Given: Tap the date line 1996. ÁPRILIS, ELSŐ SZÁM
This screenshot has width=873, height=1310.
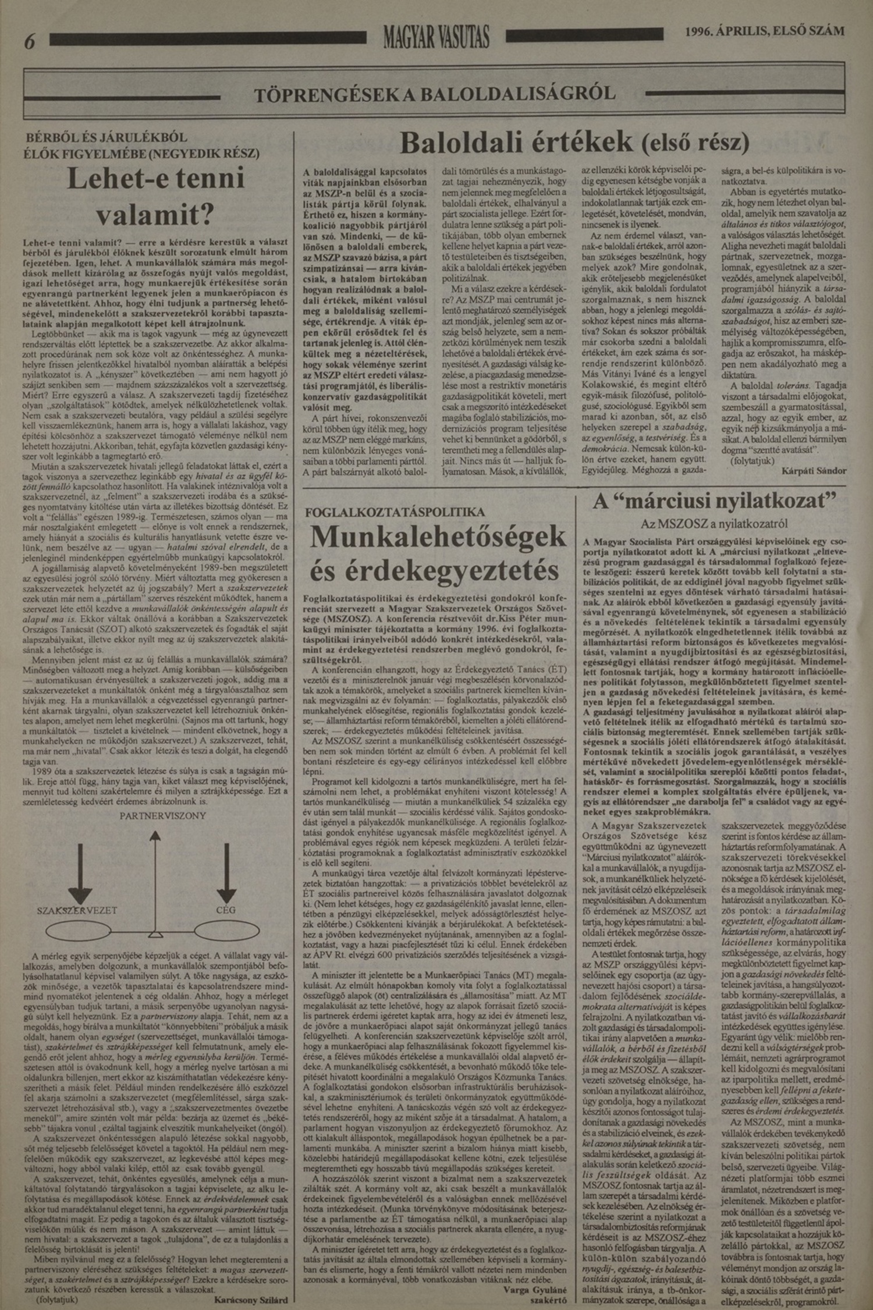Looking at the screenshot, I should tap(765, 31).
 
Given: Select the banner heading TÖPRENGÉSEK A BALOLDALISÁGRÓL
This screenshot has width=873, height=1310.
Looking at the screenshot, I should tap(435, 93).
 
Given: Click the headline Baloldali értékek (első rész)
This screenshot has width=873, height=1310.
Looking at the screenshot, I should tap(574, 142).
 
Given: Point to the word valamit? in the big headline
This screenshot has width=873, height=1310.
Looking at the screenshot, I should tap(155, 216).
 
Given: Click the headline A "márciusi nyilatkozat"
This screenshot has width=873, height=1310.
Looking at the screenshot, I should tap(714, 502).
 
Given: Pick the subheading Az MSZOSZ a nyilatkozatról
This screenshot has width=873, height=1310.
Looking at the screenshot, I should tap(714, 523).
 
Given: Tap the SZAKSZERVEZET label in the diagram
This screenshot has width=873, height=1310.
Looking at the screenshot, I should tap(77, 910).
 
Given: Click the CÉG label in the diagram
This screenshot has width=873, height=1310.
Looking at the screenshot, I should tap(225, 910).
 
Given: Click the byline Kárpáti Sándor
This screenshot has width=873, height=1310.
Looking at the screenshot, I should tap(814, 471).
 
